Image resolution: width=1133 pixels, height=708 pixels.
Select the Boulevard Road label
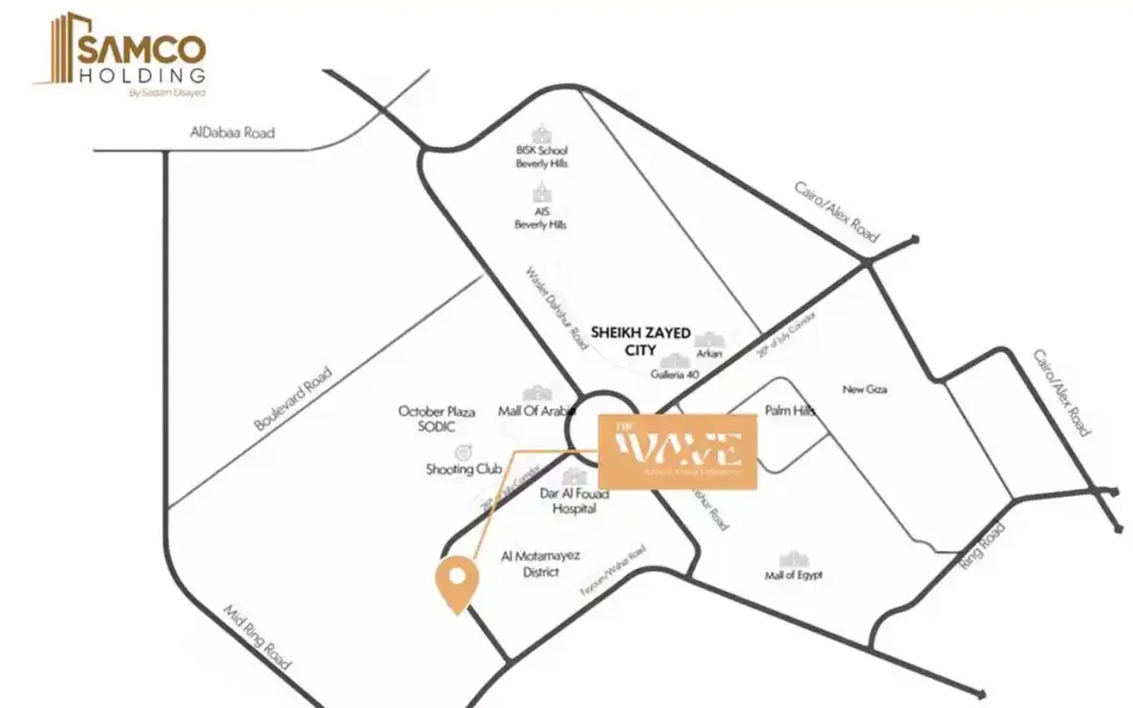(x=292, y=399)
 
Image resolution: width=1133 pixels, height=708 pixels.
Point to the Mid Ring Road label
(x=258, y=636)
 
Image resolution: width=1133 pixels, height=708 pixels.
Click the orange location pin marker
(x=456, y=582)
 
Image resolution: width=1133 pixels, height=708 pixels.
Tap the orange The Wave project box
(x=677, y=451)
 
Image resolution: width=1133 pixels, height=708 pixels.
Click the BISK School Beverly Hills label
(x=541, y=157)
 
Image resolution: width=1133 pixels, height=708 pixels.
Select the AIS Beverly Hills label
(x=541, y=218)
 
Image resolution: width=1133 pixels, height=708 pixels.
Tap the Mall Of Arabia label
(x=535, y=410)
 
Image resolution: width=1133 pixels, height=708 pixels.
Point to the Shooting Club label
(x=463, y=470)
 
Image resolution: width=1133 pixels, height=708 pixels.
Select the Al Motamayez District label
(x=541, y=563)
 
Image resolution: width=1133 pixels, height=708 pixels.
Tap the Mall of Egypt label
(x=793, y=575)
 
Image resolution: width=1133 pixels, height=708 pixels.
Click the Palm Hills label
(x=789, y=410)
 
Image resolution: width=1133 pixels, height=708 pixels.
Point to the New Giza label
(x=864, y=389)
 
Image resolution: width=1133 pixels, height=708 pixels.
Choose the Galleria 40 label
(x=674, y=374)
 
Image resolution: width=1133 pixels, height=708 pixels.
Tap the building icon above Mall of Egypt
(x=793, y=559)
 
